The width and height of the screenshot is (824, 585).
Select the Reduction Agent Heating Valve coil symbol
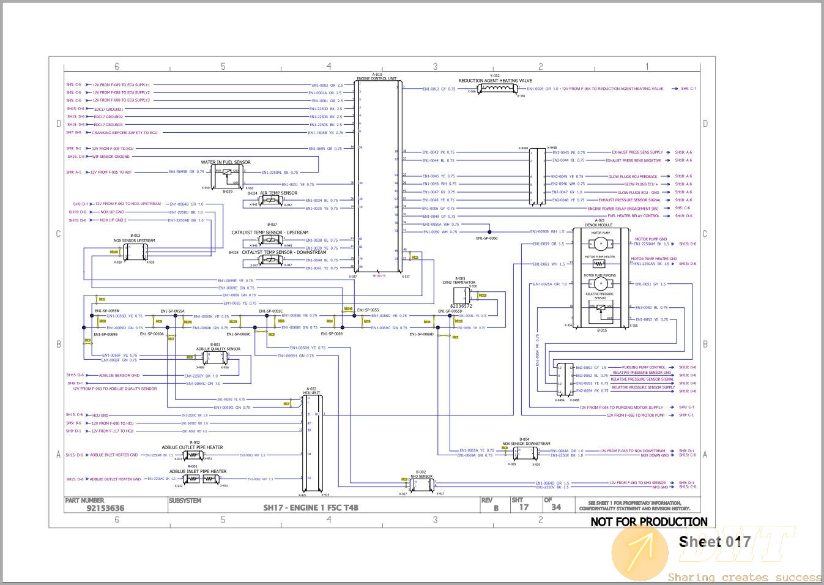[497, 89]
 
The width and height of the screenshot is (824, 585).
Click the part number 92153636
[105, 508]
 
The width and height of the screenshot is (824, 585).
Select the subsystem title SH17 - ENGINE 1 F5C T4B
[310, 507]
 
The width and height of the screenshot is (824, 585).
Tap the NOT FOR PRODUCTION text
[648, 522]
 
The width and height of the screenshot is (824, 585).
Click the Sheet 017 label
[714, 542]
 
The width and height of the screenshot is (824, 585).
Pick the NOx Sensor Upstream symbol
[135, 253]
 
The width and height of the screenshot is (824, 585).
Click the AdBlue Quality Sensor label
[218, 349]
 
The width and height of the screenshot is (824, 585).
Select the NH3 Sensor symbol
[421, 485]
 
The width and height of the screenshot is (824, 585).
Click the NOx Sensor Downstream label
[525, 444]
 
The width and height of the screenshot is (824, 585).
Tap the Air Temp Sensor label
[278, 193]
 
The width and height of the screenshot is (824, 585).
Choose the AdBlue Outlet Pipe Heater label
[192, 447]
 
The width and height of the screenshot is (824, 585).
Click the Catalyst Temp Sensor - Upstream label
[270, 233]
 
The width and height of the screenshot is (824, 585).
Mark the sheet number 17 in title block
[524, 507]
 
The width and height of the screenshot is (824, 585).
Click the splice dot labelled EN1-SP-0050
[489, 231]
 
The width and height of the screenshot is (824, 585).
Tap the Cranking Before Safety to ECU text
[125, 133]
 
